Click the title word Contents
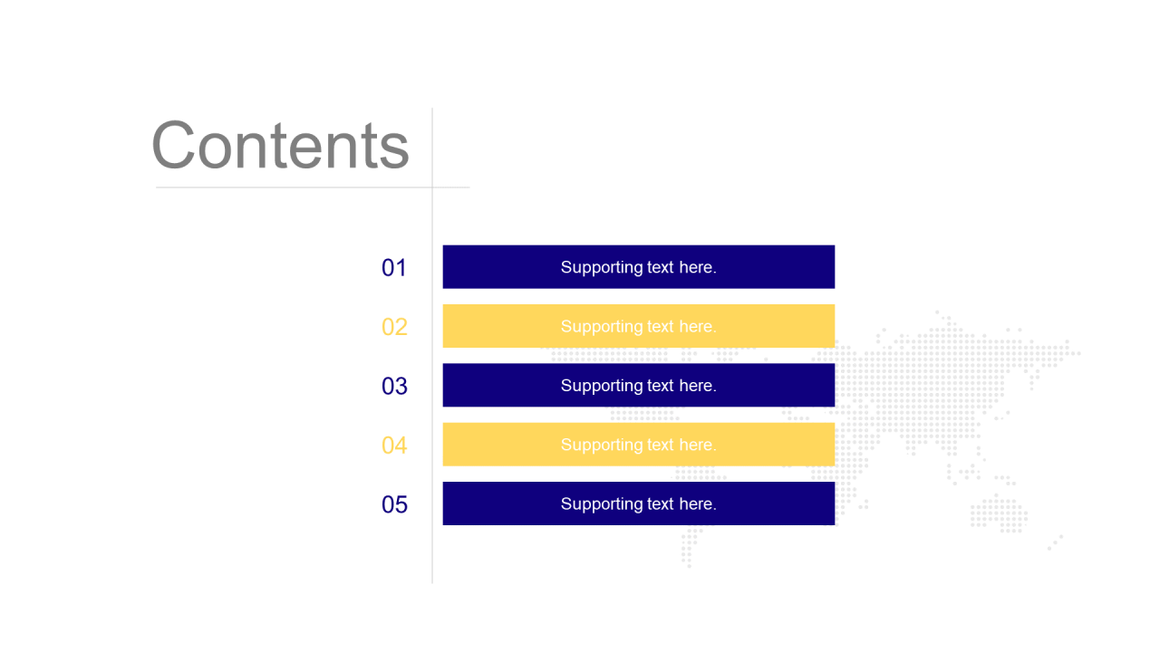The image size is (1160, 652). click(280, 145)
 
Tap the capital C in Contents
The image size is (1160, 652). click(173, 145)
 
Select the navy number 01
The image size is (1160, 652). click(394, 267)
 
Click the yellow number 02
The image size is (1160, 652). click(394, 327)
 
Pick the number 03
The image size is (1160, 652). click(394, 386)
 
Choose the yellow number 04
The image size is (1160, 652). click(394, 446)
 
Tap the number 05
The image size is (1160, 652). click(394, 504)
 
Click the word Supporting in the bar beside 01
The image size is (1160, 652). click(602, 268)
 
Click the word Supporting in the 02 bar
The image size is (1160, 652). click(602, 328)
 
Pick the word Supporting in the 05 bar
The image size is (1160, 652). click(602, 505)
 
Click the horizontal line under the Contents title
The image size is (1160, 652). click(313, 187)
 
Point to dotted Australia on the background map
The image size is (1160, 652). click(999, 513)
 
